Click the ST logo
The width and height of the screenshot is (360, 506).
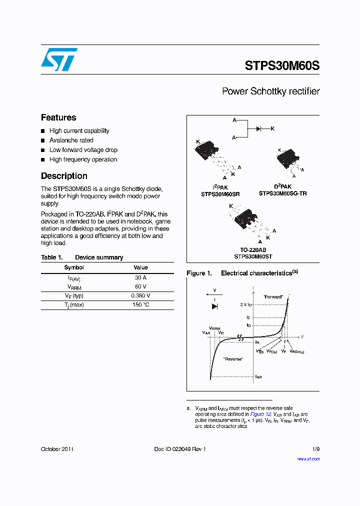point(58,59)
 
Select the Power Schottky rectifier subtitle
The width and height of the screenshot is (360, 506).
point(270,91)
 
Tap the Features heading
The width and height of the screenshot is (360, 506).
point(58,117)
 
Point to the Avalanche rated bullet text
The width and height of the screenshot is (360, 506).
point(71,140)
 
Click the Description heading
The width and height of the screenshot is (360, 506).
point(64,176)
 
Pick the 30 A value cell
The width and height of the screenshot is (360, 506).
point(140,277)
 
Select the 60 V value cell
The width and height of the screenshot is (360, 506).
point(140,286)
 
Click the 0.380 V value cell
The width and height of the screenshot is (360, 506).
point(140,295)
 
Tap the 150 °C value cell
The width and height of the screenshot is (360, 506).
point(140,305)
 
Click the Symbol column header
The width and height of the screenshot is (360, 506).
point(74,267)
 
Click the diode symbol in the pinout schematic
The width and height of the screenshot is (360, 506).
point(258,128)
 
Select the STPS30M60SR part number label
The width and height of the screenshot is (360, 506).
point(220,193)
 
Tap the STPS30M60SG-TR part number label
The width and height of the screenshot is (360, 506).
point(282,193)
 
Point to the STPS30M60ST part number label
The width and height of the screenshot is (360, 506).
point(253,256)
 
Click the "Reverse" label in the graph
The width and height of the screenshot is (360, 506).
point(233,359)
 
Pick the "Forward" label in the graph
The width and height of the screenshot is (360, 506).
point(273,296)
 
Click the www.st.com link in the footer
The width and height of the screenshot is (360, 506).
point(308,459)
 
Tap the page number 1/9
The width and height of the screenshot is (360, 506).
point(315,449)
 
